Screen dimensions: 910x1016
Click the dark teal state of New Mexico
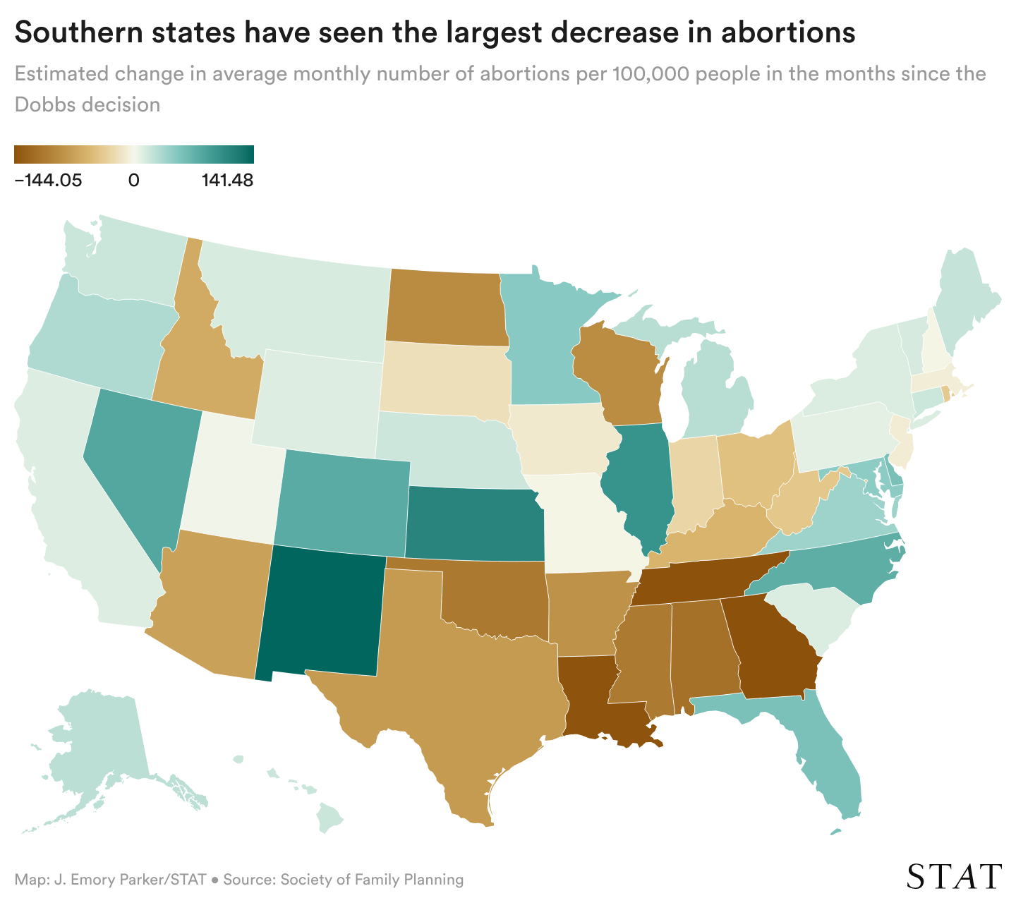[321, 610]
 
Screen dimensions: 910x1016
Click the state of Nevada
[134, 459]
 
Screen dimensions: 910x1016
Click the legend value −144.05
[48, 180]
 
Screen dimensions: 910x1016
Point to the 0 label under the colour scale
[133, 180]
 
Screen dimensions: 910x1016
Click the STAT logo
[954, 876]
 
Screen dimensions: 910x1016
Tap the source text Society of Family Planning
[372, 880]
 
